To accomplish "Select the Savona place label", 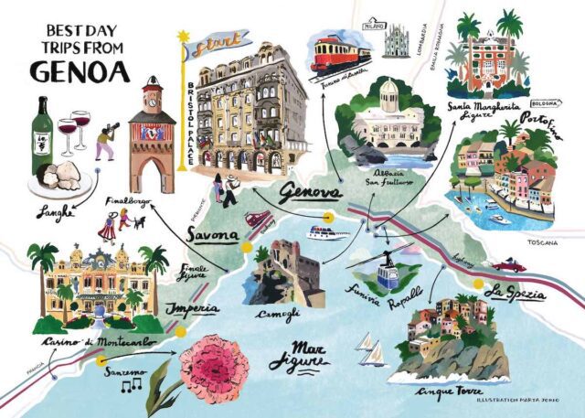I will point(215,235).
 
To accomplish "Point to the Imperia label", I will point(193,308).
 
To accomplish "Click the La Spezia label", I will point(516,294).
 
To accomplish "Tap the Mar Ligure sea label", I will point(298,357).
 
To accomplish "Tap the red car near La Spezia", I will point(509,265).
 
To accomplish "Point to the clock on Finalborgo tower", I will point(152,92).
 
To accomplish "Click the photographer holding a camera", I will point(106,137).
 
